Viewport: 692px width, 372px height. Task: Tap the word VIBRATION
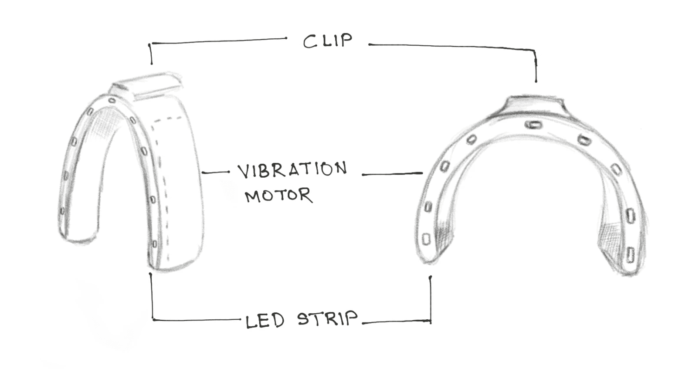tap(292, 170)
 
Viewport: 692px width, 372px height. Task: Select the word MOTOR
tap(278, 196)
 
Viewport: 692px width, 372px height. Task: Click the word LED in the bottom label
tap(265, 321)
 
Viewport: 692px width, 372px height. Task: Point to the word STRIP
tap(327, 319)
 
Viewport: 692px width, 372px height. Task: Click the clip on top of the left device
tap(146, 86)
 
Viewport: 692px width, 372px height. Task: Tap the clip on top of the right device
tap(536, 104)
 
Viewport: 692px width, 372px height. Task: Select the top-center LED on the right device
tap(533, 125)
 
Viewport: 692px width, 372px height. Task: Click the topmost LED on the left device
tap(112, 101)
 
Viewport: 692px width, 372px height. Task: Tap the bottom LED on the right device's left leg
tap(427, 238)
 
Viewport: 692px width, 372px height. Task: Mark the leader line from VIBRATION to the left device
tap(215, 173)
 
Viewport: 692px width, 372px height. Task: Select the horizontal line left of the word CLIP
tap(218, 41)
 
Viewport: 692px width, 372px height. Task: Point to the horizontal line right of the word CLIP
tap(449, 46)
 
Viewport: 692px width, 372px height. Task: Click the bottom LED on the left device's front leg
tap(154, 243)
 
